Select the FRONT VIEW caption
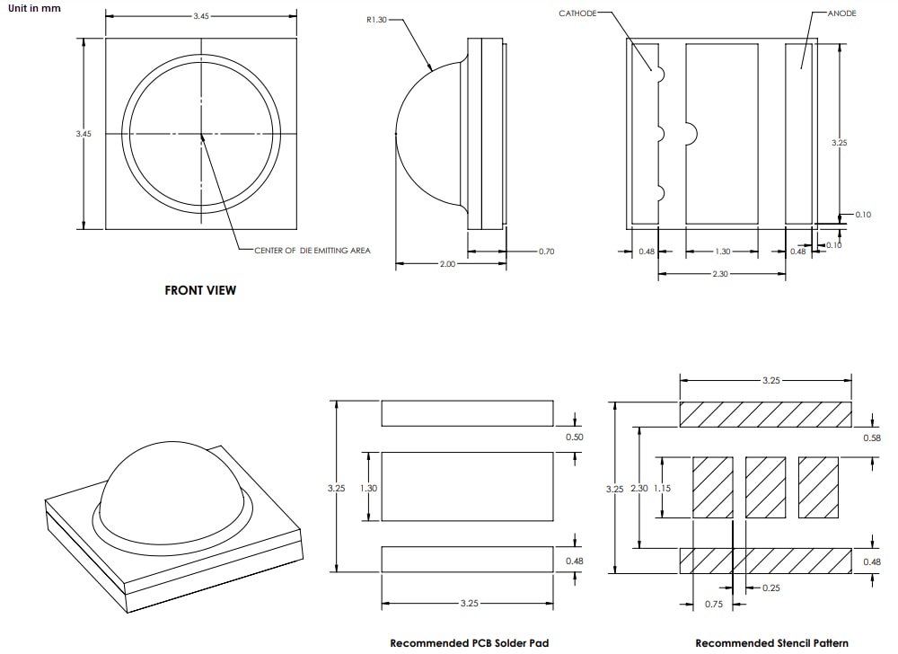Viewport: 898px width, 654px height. click(200, 290)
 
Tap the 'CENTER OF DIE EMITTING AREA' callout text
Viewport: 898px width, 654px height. click(312, 251)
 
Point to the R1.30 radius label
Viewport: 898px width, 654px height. click(376, 20)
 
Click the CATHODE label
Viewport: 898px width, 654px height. click(577, 13)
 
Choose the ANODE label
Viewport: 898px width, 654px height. click(841, 13)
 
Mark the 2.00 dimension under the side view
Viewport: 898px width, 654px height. click(447, 264)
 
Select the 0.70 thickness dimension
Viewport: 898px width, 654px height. click(546, 252)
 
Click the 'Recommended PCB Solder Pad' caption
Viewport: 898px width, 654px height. click(469, 642)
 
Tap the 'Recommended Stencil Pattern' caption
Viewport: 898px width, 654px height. click(771, 642)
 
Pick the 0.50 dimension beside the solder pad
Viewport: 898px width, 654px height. click(574, 437)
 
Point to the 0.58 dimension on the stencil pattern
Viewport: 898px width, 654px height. click(871, 437)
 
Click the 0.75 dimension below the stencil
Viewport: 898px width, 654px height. click(713, 605)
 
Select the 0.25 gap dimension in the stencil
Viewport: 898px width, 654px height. click(771, 588)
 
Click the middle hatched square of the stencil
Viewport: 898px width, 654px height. click(765, 487)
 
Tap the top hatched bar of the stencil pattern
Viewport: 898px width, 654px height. click(765, 414)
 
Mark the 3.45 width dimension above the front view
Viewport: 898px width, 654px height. click(201, 17)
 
